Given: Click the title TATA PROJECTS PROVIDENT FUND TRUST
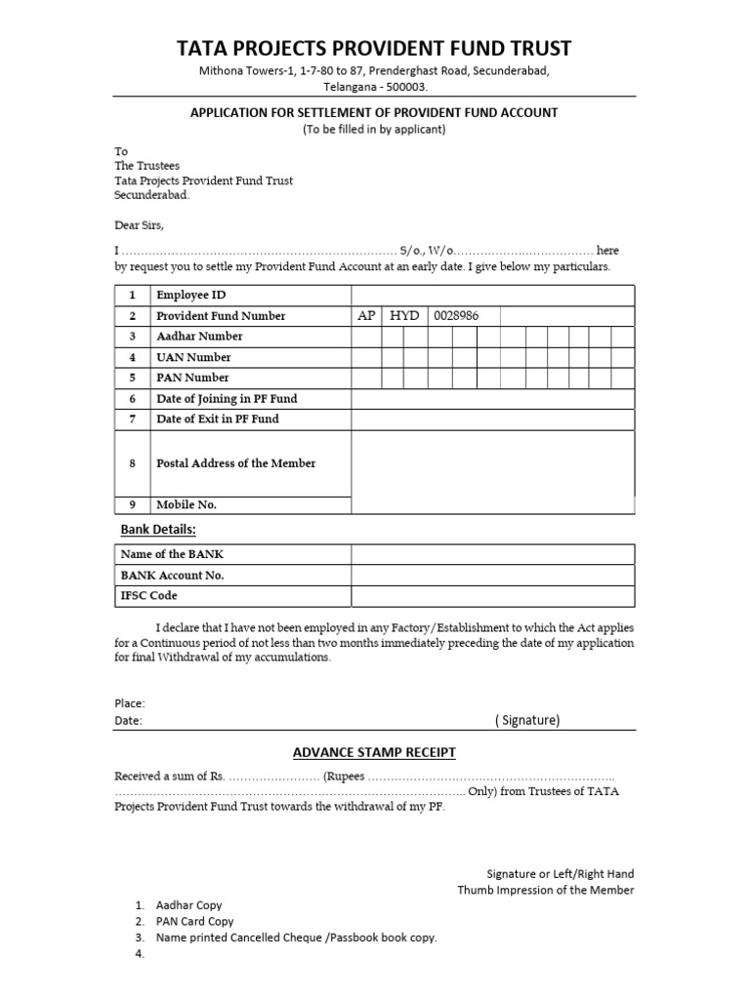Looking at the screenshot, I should click(374, 48).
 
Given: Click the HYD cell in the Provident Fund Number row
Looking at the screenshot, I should click(403, 316).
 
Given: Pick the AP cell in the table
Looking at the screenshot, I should click(366, 316).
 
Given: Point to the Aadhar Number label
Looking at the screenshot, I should click(199, 337).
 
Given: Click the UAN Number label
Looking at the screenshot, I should click(193, 357).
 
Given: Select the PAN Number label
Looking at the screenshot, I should click(192, 378).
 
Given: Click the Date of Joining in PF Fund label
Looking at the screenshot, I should click(227, 398).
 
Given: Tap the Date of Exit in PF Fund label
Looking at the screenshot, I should click(217, 419).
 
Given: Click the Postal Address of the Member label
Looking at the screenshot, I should click(235, 463).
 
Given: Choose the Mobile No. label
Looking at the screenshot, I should click(186, 504).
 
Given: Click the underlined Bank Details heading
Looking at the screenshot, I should click(158, 529).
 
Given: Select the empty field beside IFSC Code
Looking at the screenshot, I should click(493, 595).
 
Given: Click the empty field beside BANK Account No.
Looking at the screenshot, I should click(493, 575).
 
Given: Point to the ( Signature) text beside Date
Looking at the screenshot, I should click(526, 720).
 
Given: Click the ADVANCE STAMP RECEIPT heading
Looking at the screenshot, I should click(374, 752).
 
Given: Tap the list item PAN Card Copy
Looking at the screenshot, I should click(194, 921).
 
